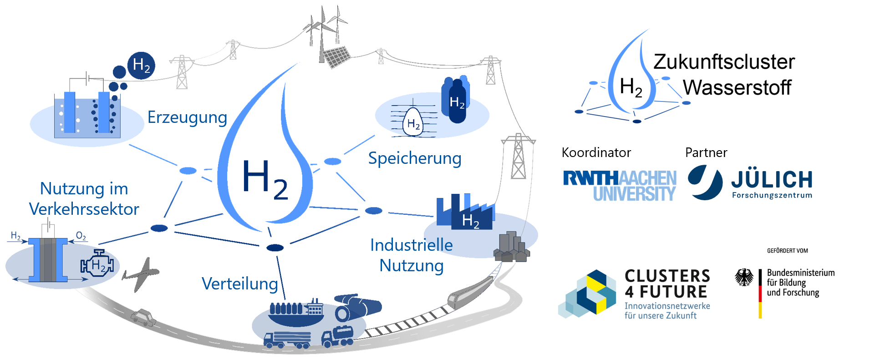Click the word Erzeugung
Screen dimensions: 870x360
coord(187,118)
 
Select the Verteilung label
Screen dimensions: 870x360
coord(239,284)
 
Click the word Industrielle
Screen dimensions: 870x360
coord(411,245)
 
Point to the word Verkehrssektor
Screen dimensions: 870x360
coord(84,209)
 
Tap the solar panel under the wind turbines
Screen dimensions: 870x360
coord(335,57)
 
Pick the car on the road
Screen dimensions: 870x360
coord(143,317)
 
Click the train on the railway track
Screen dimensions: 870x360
coord(469,292)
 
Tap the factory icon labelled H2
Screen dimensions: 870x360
coord(465,212)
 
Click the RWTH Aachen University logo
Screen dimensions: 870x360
coord(620,186)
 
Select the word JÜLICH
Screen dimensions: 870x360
coord(772,180)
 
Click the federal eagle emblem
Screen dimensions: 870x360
coord(744,277)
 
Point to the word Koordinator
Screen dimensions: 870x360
coord(596,152)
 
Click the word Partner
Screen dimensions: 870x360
coord(706,152)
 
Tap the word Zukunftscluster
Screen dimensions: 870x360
coord(724,62)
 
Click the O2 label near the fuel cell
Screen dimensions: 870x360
coord(81,236)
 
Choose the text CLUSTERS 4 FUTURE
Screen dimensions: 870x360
coord(667,284)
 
